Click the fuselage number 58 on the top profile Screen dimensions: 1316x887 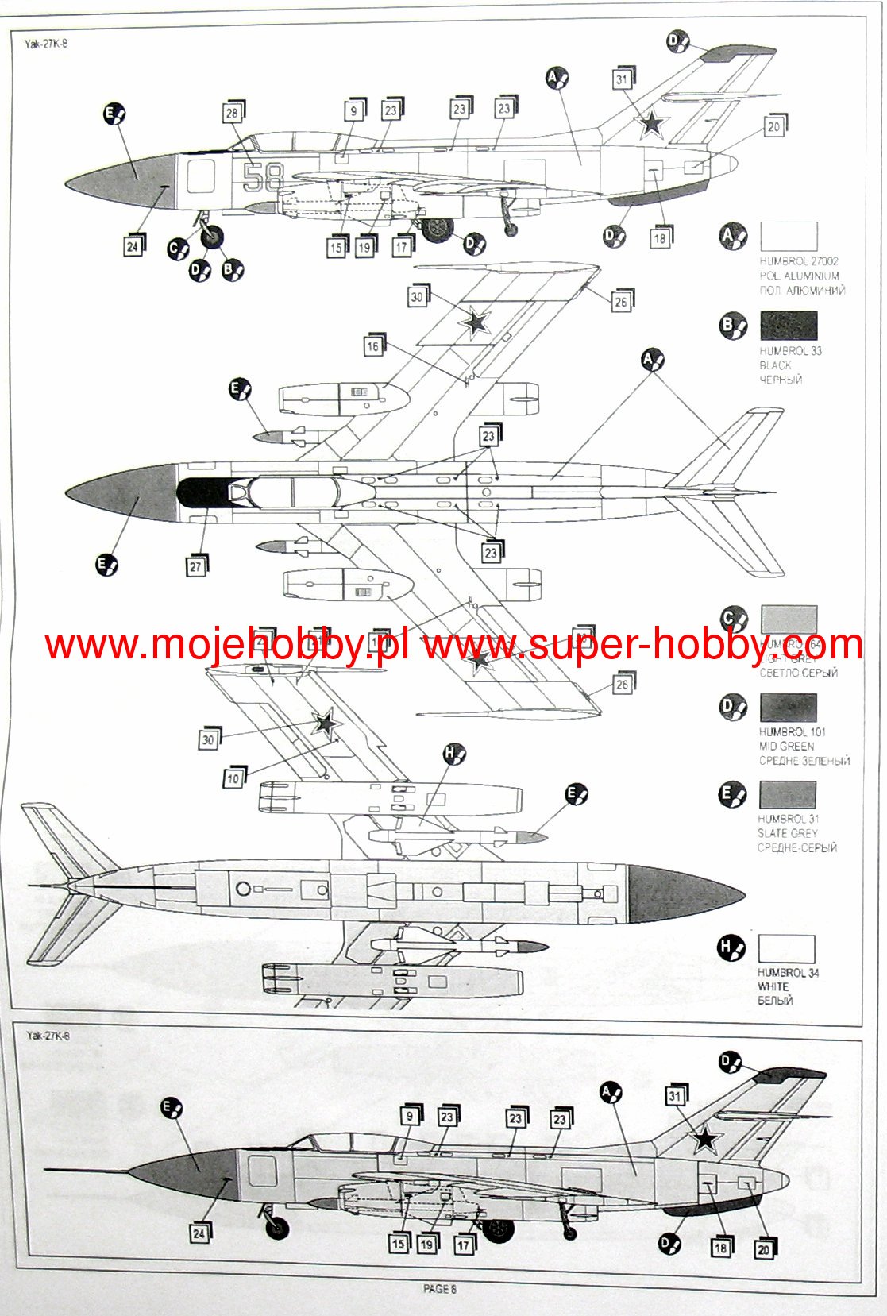click(262, 177)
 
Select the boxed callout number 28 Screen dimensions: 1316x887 click(232, 114)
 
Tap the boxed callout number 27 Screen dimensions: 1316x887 click(195, 566)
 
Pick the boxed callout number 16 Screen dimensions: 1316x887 click(372, 346)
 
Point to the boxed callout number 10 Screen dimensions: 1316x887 click(233, 778)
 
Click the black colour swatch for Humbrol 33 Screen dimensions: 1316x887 click(789, 326)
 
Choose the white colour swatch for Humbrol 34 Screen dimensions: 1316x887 click(786, 949)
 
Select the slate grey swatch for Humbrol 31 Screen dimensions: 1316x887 click(788, 795)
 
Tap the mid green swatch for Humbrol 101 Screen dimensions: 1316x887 click(788, 708)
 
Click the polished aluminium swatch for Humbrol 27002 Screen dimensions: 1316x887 click(789, 237)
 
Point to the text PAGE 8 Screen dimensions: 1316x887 click(440, 1289)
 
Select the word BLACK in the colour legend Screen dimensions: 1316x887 click(775, 365)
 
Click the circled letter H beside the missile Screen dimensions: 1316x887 click(453, 753)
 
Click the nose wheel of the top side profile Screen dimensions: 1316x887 click(212, 236)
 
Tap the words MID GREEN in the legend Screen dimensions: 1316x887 click(786, 747)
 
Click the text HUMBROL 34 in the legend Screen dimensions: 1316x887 click(788, 973)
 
